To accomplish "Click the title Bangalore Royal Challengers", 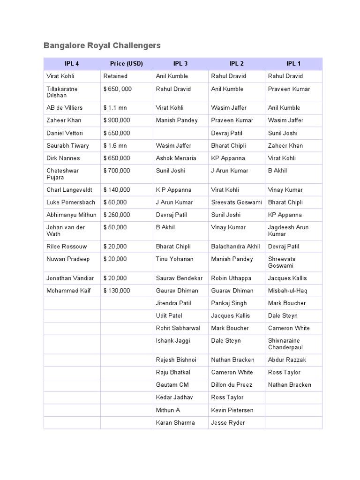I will pos(102,45).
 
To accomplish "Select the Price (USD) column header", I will pos(127,64).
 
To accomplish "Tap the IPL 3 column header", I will pos(180,64).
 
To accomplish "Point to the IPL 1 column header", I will pos(293,64).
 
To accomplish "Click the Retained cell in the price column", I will pos(115,76).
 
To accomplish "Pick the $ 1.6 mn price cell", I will pos(115,146).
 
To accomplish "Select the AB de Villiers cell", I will pos(64,108).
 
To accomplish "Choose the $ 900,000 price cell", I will pos(117,120).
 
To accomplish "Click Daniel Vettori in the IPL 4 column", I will pos(65,133).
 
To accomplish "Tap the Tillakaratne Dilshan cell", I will pos(62,92).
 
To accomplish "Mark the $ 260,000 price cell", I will pos(117,215).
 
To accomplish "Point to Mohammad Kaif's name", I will pos(68,291).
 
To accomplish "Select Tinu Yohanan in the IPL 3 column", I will pos(174,259).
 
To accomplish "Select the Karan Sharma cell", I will pos(175,423).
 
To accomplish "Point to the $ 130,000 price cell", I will pos(117,291).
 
